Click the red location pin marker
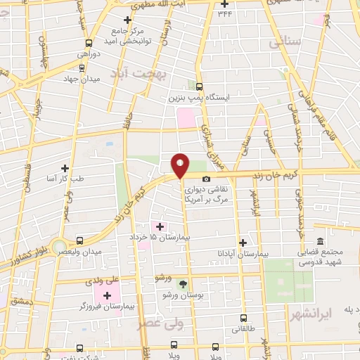point(181,165)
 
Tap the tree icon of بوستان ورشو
point(183,284)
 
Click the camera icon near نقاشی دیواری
point(206,179)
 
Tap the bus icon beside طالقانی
point(243,318)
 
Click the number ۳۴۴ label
point(225,13)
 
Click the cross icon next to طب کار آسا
point(65,167)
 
